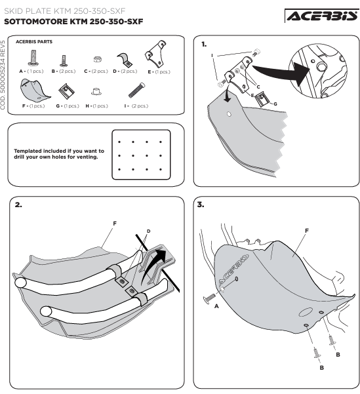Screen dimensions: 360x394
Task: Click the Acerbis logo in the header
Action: tap(322, 16)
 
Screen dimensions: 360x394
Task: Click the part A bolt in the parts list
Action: tap(33, 58)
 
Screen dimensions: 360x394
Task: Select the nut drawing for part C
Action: tap(97, 59)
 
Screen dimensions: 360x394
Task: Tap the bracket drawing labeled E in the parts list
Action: tap(155, 54)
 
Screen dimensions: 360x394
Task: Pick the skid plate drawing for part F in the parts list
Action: tap(34, 89)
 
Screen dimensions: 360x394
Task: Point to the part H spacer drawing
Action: tap(96, 91)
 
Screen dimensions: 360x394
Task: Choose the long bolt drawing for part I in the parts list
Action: tap(136, 90)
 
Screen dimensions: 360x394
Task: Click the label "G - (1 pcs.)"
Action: tap(68, 106)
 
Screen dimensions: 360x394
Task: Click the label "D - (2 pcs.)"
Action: tap(125, 71)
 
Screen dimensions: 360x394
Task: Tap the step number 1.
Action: tap(204, 45)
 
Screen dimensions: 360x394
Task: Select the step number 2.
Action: tap(18, 205)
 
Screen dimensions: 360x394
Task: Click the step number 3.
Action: tap(201, 205)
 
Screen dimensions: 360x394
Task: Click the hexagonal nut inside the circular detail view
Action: tap(321, 67)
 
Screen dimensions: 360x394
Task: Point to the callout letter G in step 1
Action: tap(275, 104)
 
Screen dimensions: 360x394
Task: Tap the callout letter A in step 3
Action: tap(216, 306)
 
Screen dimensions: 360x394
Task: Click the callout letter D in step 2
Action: tap(149, 231)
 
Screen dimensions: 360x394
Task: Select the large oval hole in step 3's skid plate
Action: tap(306, 312)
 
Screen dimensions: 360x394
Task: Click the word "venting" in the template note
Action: tap(87, 157)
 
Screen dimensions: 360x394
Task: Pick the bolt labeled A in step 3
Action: tap(209, 298)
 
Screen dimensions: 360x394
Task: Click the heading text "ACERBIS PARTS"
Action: tap(34, 42)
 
